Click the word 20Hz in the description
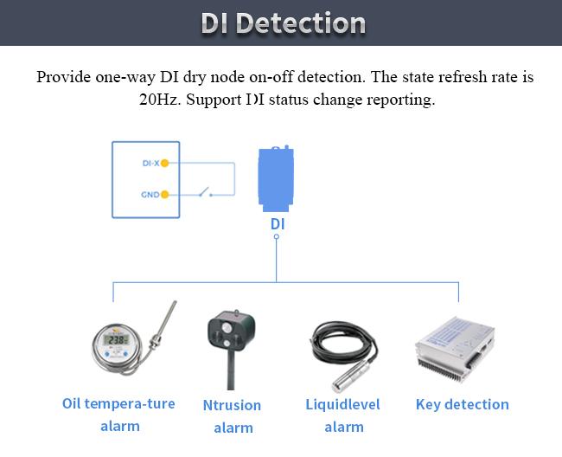coord(160,99)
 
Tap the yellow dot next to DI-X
coord(164,163)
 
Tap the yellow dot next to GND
coord(164,195)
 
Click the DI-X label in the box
coord(150,163)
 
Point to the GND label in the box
coord(149,195)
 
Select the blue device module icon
coord(277,178)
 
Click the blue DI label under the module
coord(277,224)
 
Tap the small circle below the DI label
coord(277,237)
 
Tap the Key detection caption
coord(462,404)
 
